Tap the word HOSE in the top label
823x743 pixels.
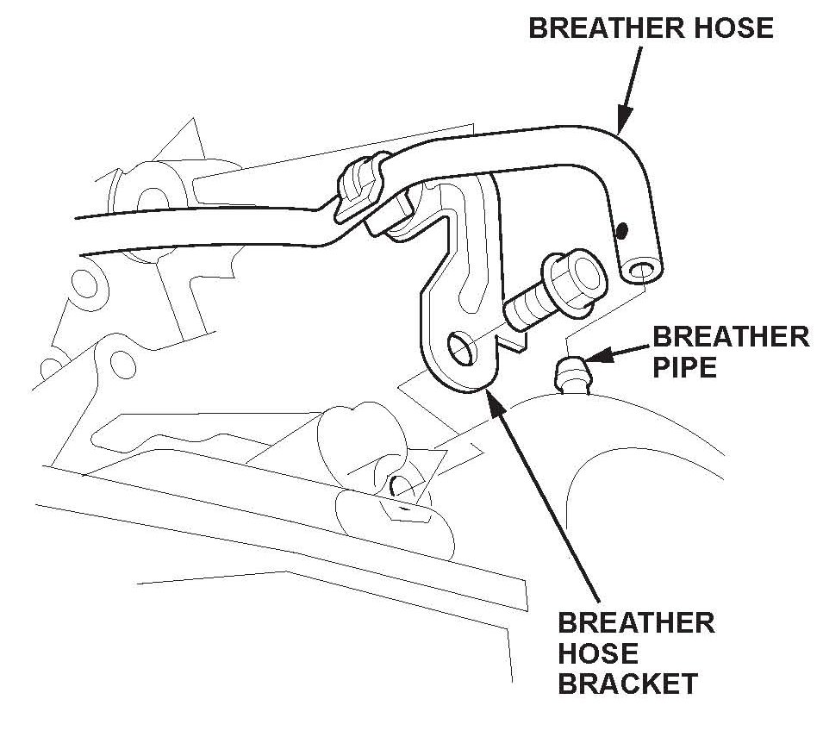click(x=734, y=28)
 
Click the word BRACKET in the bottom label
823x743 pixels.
click(x=627, y=684)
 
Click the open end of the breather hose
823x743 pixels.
click(x=640, y=273)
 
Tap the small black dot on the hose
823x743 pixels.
click(x=621, y=230)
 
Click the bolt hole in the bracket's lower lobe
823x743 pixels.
click(x=460, y=348)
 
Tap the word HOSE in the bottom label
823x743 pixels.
click(x=599, y=652)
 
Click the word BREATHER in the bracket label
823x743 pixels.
click(x=636, y=621)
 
